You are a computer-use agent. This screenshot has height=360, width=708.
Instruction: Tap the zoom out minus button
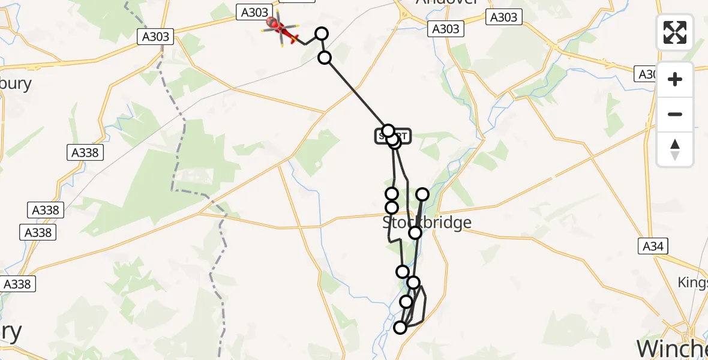(675, 114)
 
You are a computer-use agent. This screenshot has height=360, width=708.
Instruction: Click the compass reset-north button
(675, 149)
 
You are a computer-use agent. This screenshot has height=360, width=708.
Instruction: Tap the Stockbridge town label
(427, 223)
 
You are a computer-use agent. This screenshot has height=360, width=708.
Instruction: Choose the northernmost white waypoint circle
(322, 34)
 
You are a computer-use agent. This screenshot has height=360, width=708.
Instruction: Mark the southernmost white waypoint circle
(400, 327)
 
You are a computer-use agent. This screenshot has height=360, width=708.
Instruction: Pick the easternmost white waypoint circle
(422, 194)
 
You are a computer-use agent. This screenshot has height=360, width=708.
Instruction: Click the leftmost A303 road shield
(156, 37)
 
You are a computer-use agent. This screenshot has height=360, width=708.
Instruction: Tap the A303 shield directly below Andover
(445, 29)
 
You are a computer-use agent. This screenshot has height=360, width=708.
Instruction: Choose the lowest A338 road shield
(17, 284)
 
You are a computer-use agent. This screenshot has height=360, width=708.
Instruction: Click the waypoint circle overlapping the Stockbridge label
(415, 232)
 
